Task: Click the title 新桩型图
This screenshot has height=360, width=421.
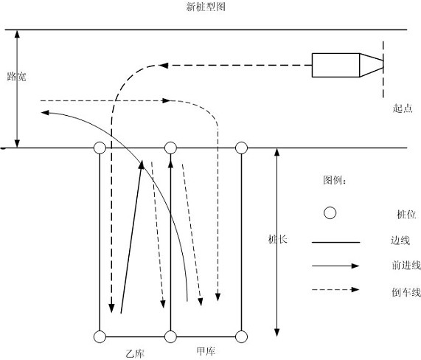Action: coord(207,7)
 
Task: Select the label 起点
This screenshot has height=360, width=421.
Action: coord(403,109)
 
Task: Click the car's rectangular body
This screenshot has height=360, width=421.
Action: coord(335,65)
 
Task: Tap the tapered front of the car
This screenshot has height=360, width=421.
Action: coord(371,65)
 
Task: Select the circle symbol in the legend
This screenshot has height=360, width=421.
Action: coord(330,213)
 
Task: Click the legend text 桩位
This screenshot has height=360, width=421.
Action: coord(406,214)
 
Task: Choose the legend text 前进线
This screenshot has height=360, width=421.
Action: coord(404,265)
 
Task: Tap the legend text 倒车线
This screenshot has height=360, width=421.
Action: coord(405,292)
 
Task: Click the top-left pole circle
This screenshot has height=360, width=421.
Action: coord(100,148)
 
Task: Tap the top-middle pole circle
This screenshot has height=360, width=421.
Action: coord(170,148)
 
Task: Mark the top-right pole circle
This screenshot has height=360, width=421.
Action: coord(240,148)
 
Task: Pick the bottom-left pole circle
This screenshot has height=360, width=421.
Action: coord(100,337)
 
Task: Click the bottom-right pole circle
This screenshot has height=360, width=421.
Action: coord(240,337)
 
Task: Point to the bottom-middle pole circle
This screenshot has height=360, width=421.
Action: coord(170,337)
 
